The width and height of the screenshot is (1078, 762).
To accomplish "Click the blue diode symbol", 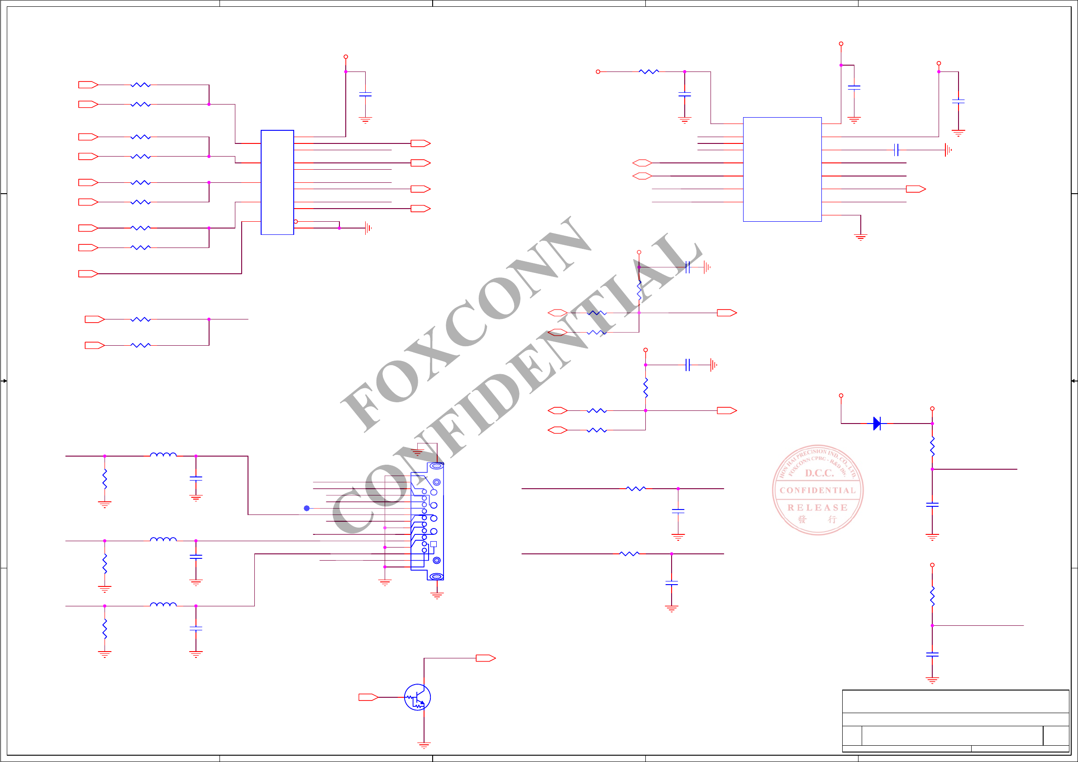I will pyautogui.click(x=877, y=424).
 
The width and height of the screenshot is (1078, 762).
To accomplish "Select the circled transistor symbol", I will pyautogui.click(x=417, y=697).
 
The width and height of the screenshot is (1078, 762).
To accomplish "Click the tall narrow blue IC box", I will pyautogui.click(x=277, y=182).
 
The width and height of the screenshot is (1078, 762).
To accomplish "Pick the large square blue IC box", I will pyautogui.click(x=782, y=169).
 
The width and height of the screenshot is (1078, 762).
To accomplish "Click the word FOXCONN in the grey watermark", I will pyautogui.click(x=465, y=324).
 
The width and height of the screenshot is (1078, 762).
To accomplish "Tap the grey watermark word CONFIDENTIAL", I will pyautogui.click(x=516, y=385).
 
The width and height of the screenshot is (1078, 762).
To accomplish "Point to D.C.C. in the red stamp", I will pyautogui.click(x=819, y=473).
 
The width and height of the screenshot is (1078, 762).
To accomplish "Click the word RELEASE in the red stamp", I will pyautogui.click(x=817, y=508).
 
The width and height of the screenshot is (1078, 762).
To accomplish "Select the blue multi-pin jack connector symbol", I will pyautogui.click(x=427, y=521).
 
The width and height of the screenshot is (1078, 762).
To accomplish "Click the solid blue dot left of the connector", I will pyautogui.click(x=306, y=508).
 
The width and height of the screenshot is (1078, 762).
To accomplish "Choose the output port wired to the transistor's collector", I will pyautogui.click(x=486, y=658).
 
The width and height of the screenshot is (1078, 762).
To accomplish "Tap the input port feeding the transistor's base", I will pyautogui.click(x=368, y=697).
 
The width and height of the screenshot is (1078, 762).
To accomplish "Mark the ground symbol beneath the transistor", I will pyautogui.click(x=424, y=745).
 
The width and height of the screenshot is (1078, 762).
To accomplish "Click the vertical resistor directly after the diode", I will pyautogui.click(x=932, y=446).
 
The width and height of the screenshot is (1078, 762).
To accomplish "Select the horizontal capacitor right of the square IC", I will pyautogui.click(x=896, y=150).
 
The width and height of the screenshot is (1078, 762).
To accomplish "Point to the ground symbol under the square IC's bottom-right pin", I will pyautogui.click(x=860, y=238).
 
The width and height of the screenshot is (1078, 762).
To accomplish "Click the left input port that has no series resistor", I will pyautogui.click(x=88, y=274).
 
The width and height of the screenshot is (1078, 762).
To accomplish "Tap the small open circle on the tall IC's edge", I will pyautogui.click(x=296, y=222).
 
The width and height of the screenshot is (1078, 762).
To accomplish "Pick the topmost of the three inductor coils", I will pyautogui.click(x=163, y=454).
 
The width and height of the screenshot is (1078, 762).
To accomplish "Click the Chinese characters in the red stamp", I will pyautogui.click(x=817, y=520).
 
